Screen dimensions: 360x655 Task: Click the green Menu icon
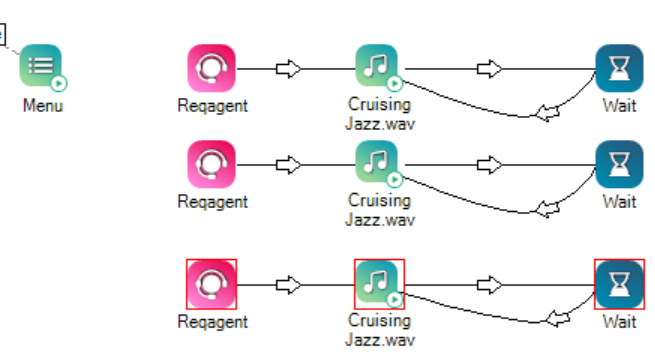[x=41, y=67]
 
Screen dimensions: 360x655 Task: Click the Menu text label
[x=43, y=105]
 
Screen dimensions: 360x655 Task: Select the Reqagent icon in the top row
[x=211, y=68]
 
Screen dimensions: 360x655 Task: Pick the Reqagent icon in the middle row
[x=211, y=164]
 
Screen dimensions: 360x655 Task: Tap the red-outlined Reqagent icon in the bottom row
[x=211, y=284]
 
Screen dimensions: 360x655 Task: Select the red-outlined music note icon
[x=378, y=284]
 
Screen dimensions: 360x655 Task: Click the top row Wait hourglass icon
[x=619, y=68]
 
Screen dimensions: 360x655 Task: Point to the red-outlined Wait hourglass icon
[x=619, y=284]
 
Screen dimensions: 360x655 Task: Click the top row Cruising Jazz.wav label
[x=379, y=113]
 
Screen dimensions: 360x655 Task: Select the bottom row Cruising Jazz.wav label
[x=379, y=329]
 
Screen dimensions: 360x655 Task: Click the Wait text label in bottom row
[x=619, y=322]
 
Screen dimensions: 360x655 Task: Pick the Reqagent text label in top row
[x=212, y=105]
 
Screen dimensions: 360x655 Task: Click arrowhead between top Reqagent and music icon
[x=288, y=68]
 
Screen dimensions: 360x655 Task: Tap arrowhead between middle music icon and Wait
[x=489, y=164]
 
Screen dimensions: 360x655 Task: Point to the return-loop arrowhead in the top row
[x=546, y=113]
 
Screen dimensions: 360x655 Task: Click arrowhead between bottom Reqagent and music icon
[x=288, y=284]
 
